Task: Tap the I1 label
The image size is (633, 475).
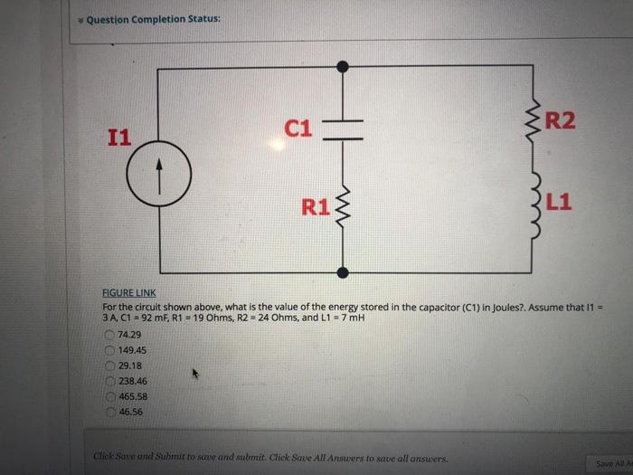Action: click(118, 138)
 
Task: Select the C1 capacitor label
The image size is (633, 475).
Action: click(298, 129)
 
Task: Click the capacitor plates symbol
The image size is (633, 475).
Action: click(342, 129)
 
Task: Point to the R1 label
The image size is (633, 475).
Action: click(316, 206)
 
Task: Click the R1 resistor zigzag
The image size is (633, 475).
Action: click(343, 212)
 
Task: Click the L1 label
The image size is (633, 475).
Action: click(558, 202)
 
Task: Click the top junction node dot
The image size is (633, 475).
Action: click(342, 66)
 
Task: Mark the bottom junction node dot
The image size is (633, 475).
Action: click(342, 271)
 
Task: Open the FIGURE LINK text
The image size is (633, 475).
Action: click(131, 294)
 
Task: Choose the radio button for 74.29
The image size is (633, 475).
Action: click(109, 334)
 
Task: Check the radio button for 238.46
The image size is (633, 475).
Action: click(109, 381)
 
